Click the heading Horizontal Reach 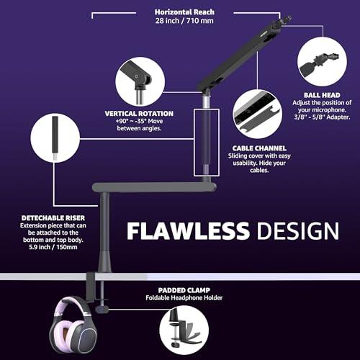point(184,12)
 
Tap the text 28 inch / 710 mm point(184,21)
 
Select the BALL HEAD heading point(322,95)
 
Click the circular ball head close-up point(322,62)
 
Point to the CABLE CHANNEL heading point(259,148)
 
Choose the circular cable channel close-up point(258,114)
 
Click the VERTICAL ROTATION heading point(139,114)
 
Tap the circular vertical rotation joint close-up point(140,81)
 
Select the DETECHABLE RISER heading point(53,218)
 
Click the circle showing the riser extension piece point(55,138)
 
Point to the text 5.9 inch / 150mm point(53,247)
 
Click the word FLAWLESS point(188,230)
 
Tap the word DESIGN point(298,230)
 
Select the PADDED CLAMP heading point(184,290)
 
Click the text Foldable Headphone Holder point(184,298)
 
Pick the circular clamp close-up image point(184,330)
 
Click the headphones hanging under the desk point(73,325)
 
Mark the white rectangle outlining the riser point(194,143)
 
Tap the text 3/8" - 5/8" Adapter point(322,117)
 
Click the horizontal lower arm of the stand point(154,187)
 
